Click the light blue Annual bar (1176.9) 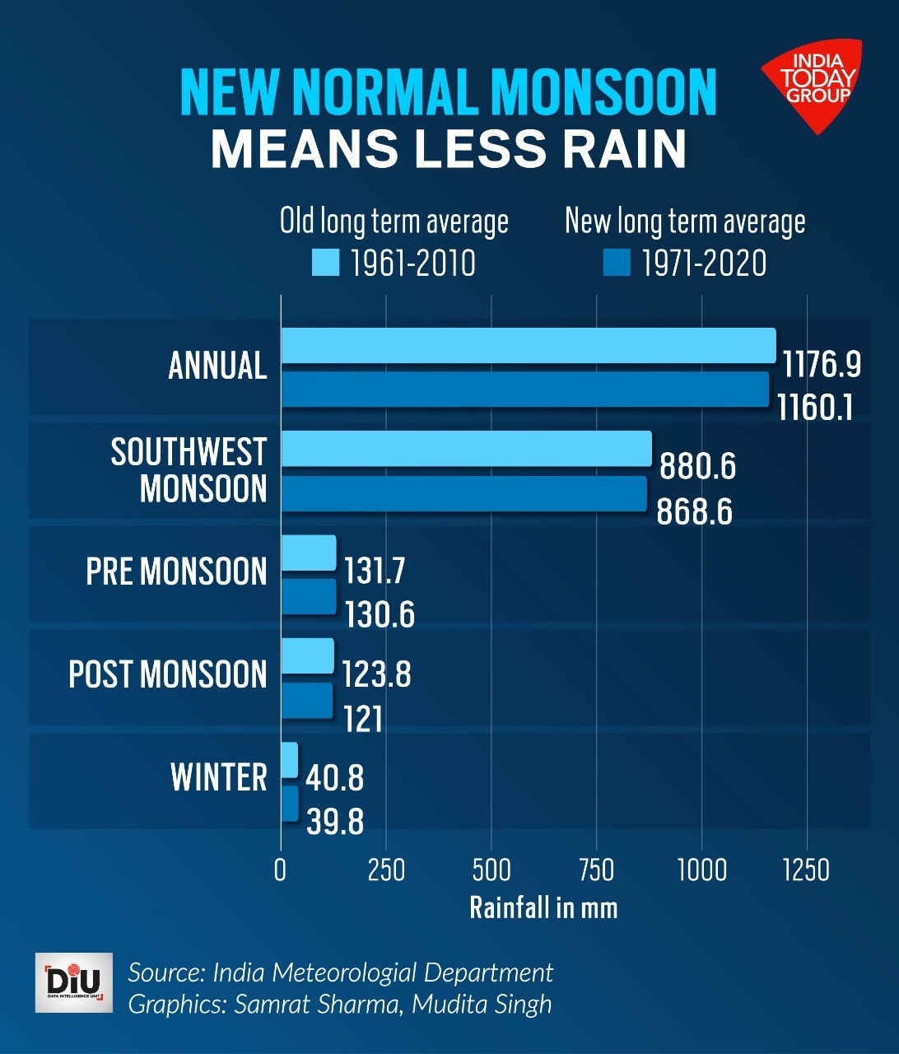coord(528,345)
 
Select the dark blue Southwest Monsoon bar coord(463,493)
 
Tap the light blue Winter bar coord(289,759)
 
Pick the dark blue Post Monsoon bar coord(307,701)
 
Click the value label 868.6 coord(694,512)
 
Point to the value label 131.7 coord(375,571)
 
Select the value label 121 coord(363,720)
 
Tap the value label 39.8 coord(335,822)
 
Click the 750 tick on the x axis coord(596,870)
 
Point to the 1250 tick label coord(806,870)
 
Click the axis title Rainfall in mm coord(543,907)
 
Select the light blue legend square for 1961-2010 coord(325,263)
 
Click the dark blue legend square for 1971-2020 coord(616,263)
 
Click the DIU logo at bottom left coord(74,982)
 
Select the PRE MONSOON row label coord(176,571)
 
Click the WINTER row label coord(219,777)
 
